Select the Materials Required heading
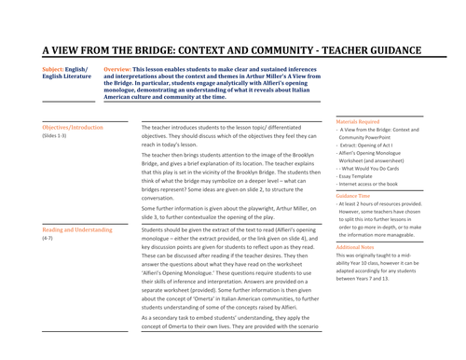point(360,121)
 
